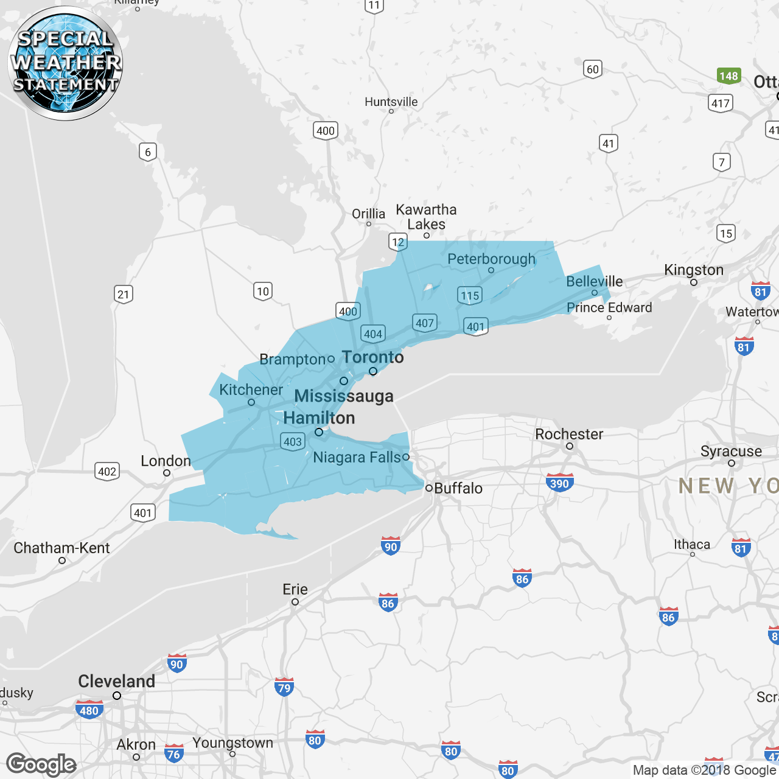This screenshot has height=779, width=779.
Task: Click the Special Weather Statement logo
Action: pos(65,63)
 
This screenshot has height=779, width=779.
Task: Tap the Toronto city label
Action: pos(373,357)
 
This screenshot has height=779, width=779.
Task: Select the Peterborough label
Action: pos(491,259)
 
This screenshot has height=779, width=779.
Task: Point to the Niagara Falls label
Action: pos(357,458)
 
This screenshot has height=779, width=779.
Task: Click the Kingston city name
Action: pos(694,270)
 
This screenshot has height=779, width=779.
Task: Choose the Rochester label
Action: pos(569,434)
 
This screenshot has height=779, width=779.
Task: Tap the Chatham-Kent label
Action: pos(61,548)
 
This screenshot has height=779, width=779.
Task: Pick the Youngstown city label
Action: pos(232,743)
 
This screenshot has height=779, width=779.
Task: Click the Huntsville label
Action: pos(391,102)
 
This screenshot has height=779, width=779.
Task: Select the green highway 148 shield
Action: pos(728,76)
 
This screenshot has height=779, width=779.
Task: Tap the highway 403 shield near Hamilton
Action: pos(293,442)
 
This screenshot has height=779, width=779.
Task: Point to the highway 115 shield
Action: pos(470,296)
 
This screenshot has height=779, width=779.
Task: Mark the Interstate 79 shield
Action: pos(284,688)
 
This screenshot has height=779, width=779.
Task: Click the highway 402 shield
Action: pos(107,471)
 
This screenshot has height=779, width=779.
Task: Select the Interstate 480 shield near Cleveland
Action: pos(89,710)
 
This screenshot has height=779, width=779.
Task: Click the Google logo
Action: pos(41,764)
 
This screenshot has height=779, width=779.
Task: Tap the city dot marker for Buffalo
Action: pos(429,488)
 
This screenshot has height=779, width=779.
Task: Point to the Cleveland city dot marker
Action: pos(117,696)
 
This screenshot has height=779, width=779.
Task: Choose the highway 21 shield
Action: pos(124,295)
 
